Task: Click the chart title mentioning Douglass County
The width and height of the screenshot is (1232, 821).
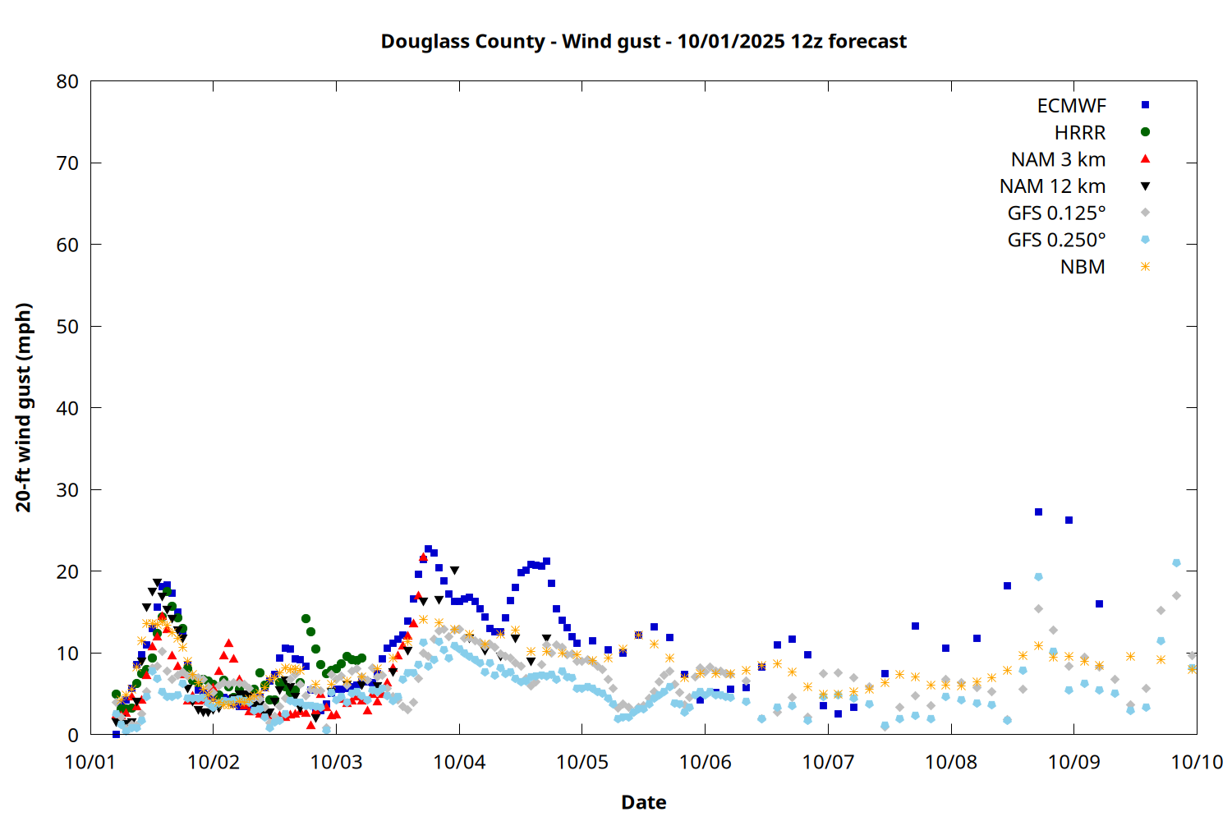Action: (643, 41)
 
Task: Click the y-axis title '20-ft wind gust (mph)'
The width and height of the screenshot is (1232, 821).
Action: (24, 407)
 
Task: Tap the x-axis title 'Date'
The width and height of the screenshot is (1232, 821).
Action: (643, 802)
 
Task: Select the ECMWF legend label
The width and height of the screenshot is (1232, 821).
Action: (1071, 105)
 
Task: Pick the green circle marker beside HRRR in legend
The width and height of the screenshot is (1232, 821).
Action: (1145, 132)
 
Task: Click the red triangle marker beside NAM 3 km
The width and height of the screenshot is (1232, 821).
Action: (1145, 159)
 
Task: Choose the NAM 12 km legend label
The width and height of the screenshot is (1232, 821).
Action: (1052, 186)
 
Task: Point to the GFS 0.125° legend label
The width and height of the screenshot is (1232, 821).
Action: (1056, 213)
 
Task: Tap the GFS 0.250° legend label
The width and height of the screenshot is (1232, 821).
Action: (1056, 241)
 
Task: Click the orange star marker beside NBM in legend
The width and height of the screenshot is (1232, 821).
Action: (1145, 267)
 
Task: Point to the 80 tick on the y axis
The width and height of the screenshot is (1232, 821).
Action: (68, 81)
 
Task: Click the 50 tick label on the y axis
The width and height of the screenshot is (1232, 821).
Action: (68, 326)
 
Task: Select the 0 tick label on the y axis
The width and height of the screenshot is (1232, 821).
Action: (73, 735)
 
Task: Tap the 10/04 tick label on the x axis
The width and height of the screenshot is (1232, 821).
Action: (459, 762)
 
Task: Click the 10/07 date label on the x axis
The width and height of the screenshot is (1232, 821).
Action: (828, 762)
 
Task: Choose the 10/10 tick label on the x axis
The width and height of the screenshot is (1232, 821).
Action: (1197, 762)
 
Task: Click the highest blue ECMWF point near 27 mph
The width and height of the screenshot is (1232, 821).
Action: (1038, 511)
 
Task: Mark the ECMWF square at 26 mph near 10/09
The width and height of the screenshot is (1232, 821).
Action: (1069, 520)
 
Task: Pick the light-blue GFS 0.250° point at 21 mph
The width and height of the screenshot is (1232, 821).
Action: (1176, 563)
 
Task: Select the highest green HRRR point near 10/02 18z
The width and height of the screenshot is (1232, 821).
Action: (306, 618)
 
